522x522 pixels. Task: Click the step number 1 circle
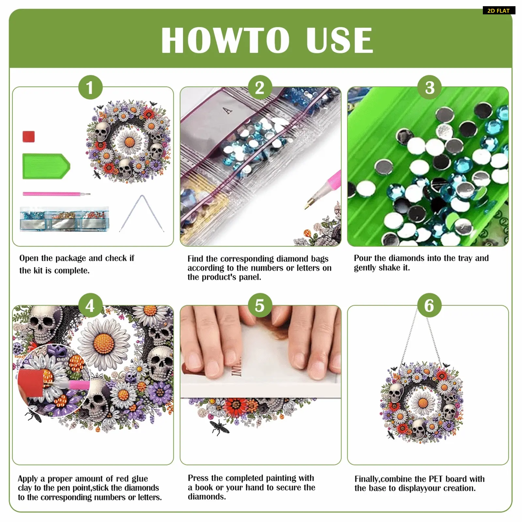click(x=90, y=87)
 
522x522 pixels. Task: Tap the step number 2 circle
click(x=260, y=87)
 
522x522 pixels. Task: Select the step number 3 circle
click(x=430, y=87)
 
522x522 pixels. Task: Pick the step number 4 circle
click(x=90, y=306)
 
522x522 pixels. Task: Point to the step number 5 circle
click(x=260, y=306)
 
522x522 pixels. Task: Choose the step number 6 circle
click(x=430, y=306)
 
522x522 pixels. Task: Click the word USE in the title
click(x=340, y=40)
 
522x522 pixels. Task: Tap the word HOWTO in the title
click(x=225, y=40)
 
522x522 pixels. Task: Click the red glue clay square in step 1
click(x=29, y=137)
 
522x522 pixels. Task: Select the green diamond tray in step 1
click(x=46, y=166)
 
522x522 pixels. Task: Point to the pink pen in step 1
click(x=56, y=194)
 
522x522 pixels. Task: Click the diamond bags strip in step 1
click(x=64, y=219)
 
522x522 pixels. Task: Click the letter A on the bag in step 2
click(x=228, y=111)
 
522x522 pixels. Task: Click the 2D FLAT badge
click(x=499, y=10)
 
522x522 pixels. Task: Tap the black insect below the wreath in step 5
click(x=219, y=427)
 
